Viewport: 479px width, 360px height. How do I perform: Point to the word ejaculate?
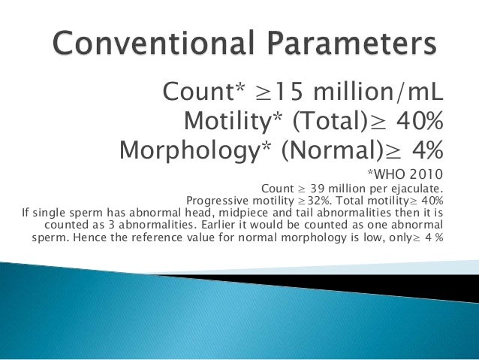(x=414, y=188)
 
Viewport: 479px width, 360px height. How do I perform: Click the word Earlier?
(x=234, y=225)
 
